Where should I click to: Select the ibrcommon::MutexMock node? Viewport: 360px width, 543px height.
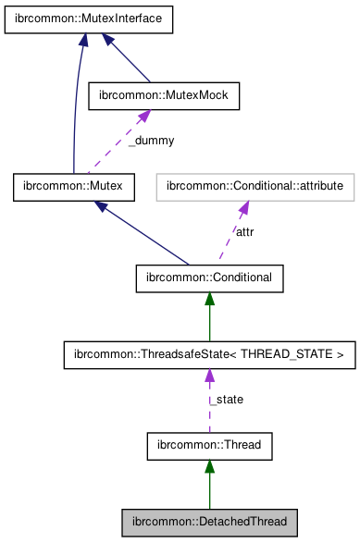(163, 94)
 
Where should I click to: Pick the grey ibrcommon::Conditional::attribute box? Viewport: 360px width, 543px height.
(255, 188)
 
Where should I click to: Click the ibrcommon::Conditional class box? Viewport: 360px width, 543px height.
(209, 275)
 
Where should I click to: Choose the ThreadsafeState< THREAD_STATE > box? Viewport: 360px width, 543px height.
(209, 354)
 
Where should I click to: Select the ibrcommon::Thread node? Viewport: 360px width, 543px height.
(209, 445)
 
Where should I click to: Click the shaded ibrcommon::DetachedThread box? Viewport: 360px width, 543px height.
(209, 523)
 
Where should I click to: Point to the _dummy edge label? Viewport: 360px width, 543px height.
(150, 141)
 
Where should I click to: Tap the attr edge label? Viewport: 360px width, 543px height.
(244, 231)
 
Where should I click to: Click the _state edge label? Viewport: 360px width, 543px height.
(226, 400)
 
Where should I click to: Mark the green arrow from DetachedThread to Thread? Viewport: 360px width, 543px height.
(209, 486)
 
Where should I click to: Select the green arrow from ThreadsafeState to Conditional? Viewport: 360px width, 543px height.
(209, 316)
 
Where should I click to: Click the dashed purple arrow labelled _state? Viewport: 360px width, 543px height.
(209, 407)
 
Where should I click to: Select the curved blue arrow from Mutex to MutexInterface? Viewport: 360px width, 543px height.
(75, 111)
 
